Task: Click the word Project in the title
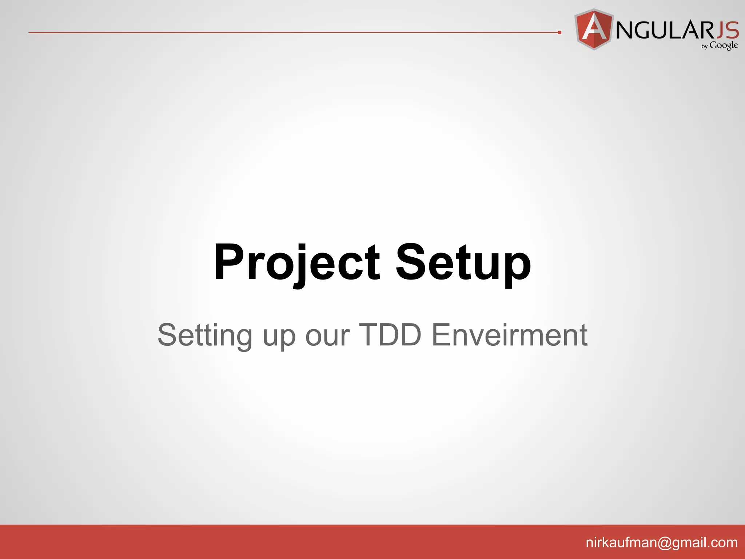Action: [296, 263]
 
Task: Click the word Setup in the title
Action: [463, 263]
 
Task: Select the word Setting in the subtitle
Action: [205, 335]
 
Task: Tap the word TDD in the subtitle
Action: [390, 334]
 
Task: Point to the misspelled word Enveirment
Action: [509, 334]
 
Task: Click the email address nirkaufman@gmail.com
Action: [661, 542]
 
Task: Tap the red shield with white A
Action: [594, 29]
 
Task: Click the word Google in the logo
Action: [724, 45]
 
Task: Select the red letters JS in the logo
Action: [727, 30]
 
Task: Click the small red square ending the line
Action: [559, 33]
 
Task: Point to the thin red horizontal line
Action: [291, 32]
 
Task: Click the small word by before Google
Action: [705, 47]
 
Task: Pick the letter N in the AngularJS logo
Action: [626, 30]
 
